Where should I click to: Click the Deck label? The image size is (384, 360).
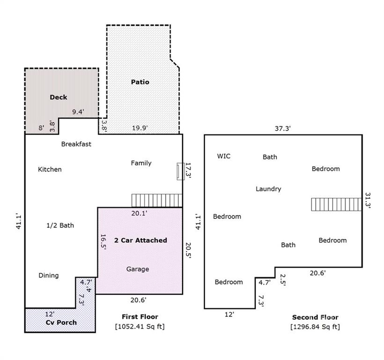58,97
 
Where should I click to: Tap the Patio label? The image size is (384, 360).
140,82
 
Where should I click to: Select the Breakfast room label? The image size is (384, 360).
76,144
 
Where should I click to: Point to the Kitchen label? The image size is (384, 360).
50,169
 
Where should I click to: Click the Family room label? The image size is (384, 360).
141,163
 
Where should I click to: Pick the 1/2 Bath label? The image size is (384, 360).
60,225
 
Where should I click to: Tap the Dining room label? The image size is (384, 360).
49,276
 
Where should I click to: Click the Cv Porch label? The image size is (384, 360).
61,322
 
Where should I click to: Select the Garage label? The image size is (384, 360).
138,269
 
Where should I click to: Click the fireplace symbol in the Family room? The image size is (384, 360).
180,171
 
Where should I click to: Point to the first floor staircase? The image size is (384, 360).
157,201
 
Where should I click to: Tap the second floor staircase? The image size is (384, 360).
337,204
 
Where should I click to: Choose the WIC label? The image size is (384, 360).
223,156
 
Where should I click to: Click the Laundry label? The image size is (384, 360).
268,189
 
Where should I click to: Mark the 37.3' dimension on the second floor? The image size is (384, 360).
282,128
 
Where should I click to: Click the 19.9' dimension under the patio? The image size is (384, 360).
140,127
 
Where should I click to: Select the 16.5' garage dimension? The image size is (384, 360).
103,242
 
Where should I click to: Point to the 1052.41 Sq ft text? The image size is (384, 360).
140,326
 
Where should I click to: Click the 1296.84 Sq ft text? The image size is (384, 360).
315,327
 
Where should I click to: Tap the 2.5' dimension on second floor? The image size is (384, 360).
282,280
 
